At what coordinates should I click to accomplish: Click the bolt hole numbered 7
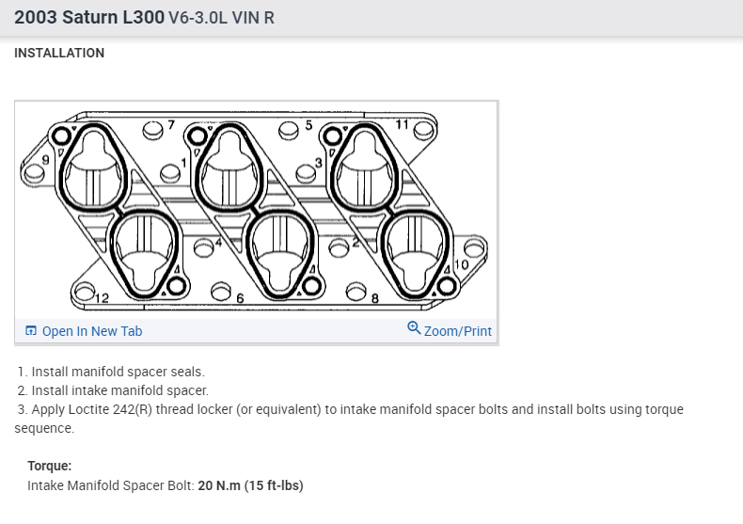click(152, 130)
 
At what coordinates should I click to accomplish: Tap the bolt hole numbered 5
click(289, 130)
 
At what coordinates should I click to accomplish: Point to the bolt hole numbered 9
click(33, 173)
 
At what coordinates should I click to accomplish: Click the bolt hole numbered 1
click(170, 173)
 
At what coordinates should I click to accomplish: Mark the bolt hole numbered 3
click(305, 173)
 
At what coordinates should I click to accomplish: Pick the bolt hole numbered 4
click(204, 247)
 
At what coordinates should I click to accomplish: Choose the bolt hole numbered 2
click(340, 247)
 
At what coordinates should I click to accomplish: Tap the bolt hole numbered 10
click(474, 248)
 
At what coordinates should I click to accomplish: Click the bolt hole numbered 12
click(85, 291)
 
